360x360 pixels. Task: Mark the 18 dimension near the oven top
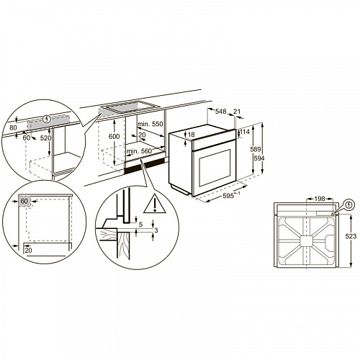(192, 134)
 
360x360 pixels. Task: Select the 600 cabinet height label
(113, 137)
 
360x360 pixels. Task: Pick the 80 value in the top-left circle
(12, 129)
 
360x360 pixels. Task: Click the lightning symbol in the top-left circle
(48, 118)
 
